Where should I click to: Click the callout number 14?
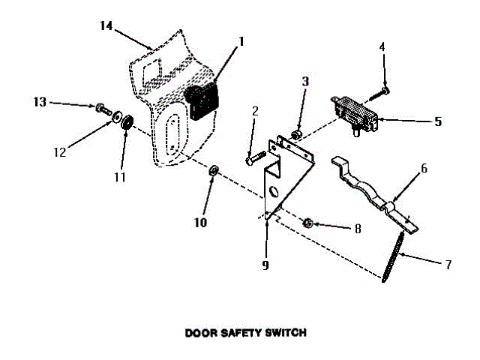pos(106,25)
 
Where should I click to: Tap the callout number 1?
pos(241,43)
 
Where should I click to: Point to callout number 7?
pos(448,264)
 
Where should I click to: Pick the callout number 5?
pos(438,121)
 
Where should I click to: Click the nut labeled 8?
pos(307,223)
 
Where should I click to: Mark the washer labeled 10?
pos(213,172)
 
